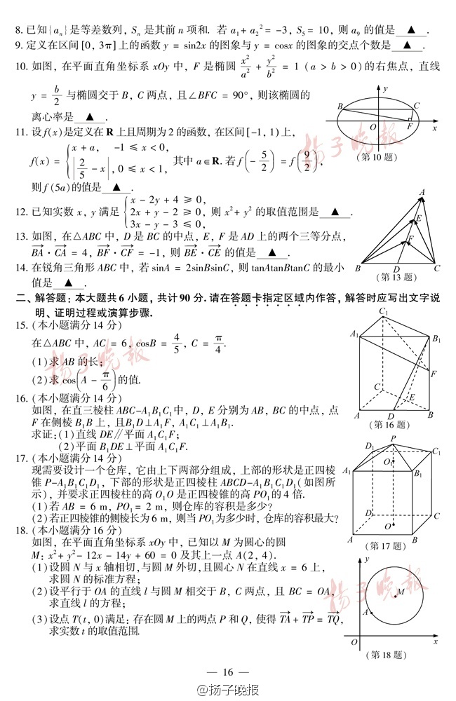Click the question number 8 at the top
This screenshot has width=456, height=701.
point(19,31)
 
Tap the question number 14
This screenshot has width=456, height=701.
point(21,268)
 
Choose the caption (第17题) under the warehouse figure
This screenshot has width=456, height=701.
point(388,545)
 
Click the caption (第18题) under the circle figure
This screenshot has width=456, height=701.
point(387,654)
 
